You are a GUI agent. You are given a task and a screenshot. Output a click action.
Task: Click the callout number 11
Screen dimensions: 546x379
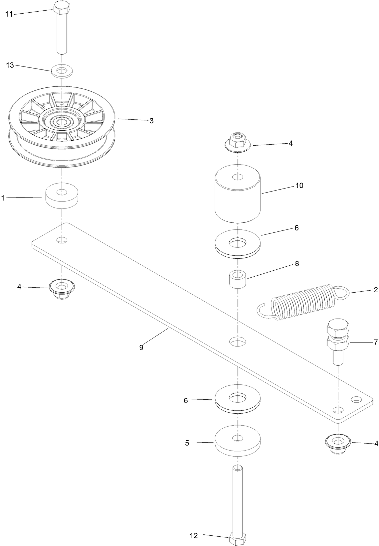[x=9, y=14]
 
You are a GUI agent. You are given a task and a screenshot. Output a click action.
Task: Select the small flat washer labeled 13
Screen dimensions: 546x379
[x=62, y=70]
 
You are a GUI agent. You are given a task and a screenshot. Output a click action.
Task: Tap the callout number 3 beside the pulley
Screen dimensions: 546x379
[x=151, y=121]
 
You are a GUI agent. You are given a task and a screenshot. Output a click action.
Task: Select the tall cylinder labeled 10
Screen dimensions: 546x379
[x=238, y=195]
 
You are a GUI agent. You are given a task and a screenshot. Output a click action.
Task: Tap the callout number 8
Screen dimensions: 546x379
[x=296, y=264]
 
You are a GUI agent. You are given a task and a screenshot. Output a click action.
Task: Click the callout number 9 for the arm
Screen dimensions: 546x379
[x=141, y=347]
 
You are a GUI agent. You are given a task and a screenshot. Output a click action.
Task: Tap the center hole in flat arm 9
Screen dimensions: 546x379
[x=238, y=341]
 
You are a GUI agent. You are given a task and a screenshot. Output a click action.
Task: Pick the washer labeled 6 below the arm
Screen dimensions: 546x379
[x=238, y=399]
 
